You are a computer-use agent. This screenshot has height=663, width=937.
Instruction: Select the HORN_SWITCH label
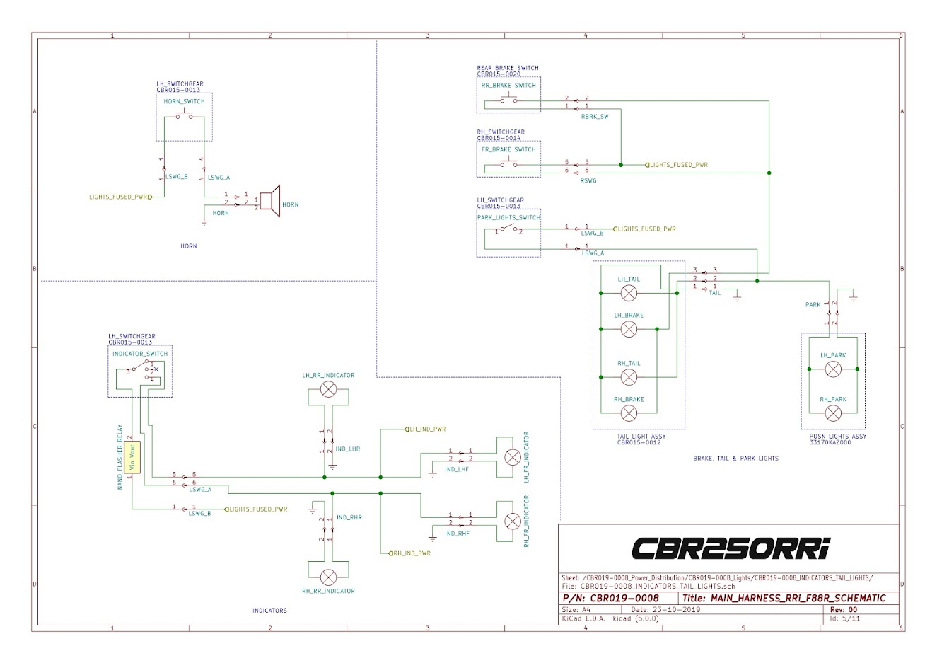[184, 102]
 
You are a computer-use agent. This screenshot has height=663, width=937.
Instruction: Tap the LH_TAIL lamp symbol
[629, 293]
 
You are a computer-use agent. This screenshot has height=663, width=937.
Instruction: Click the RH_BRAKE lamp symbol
[629, 413]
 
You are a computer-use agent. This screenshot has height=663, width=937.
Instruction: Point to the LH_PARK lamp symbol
[833, 369]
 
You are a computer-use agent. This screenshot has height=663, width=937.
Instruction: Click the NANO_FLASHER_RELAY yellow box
[132, 457]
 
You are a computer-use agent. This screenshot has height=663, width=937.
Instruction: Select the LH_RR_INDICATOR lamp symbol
[328, 389]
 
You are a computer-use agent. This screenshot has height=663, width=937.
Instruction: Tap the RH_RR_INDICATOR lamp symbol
[328, 577]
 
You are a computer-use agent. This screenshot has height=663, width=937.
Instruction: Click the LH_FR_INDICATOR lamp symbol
[512, 456]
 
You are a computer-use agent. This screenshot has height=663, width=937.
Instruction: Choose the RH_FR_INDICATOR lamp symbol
[512, 521]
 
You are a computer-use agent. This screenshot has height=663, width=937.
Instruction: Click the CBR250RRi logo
[731, 548]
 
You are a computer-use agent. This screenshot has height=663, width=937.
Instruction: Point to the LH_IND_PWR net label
[427, 429]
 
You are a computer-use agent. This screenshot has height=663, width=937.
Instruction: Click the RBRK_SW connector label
[594, 117]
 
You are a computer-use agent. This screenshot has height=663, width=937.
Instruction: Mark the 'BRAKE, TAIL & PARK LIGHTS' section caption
[735, 459]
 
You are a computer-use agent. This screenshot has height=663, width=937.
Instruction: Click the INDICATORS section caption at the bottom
[269, 610]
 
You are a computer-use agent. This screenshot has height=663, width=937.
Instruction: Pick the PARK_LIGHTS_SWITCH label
[508, 218]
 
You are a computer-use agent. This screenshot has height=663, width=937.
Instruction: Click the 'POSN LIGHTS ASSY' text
[838, 437]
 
